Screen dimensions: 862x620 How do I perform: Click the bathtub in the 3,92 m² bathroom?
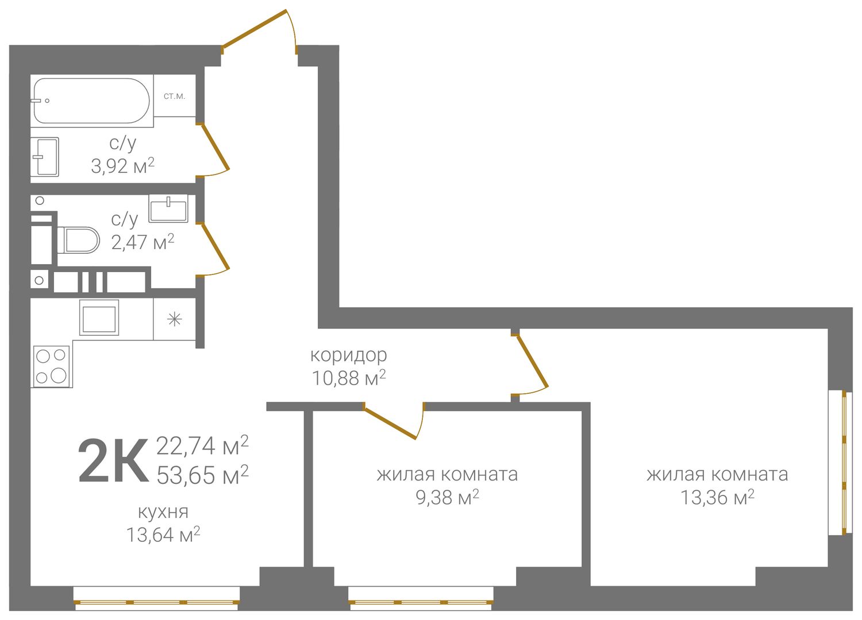pyautogui.click(x=91, y=100)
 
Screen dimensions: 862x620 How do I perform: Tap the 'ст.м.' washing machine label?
pyautogui.click(x=174, y=96)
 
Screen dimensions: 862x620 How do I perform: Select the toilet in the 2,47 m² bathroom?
pyautogui.click(x=78, y=240)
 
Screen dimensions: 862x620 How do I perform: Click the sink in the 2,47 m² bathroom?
pyautogui.click(x=168, y=209)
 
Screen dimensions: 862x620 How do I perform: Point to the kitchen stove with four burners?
pyautogui.click(x=52, y=366)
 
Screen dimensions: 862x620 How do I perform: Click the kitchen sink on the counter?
pyautogui.click(x=99, y=317)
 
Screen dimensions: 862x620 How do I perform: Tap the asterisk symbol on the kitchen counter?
pyautogui.click(x=174, y=319)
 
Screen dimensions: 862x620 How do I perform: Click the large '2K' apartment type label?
pyautogui.click(x=113, y=461)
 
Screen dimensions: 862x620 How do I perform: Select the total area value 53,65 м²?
pyautogui.click(x=202, y=475)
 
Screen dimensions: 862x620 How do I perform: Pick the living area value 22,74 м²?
pyautogui.click(x=202, y=446)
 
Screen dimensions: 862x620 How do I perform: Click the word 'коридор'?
pyautogui.click(x=349, y=355)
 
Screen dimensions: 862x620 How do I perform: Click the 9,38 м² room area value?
pyautogui.click(x=447, y=498)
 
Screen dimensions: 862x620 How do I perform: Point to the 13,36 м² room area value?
pyautogui.click(x=718, y=497)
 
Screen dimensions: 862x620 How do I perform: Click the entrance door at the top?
pyautogui.click(x=259, y=31)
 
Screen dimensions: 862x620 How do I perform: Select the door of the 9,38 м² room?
pyautogui.click(x=393, y=420)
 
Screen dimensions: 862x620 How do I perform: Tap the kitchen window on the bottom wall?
pyautogui.click(x=157, y=602)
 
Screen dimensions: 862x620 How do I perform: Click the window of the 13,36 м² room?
pyautogui.click(x=844, y=462)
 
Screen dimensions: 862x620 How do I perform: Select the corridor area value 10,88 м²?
pyautogui.click(x=349, y=378)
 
